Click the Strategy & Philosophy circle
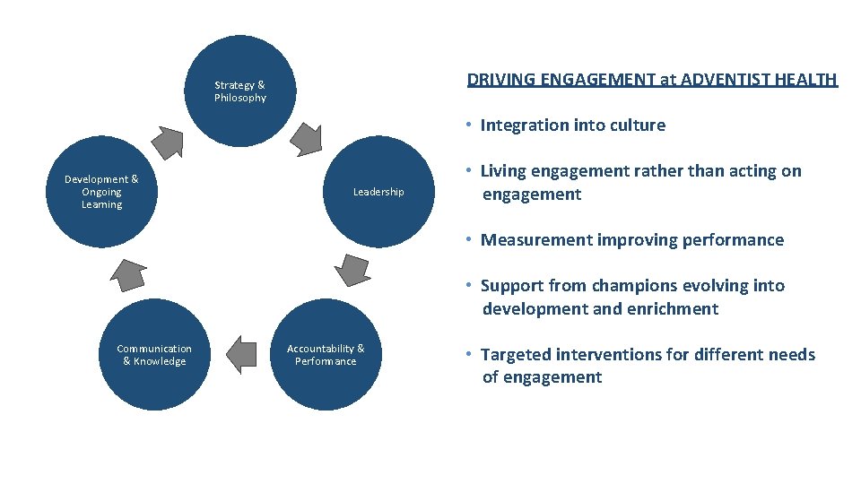point(239,91)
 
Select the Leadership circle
point(378,191)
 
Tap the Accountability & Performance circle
point(326,355)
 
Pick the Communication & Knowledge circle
point(154,355)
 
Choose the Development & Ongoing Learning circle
point(101,192)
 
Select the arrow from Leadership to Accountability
point(351,269)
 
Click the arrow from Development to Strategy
point(167,140)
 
